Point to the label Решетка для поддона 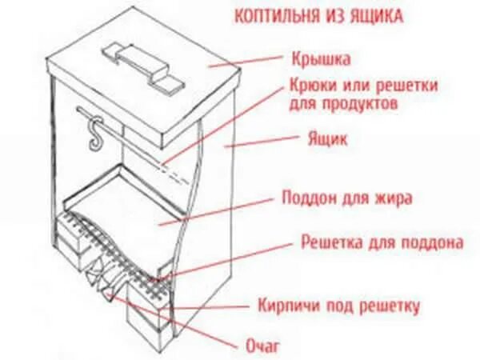(x=381, y=241)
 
